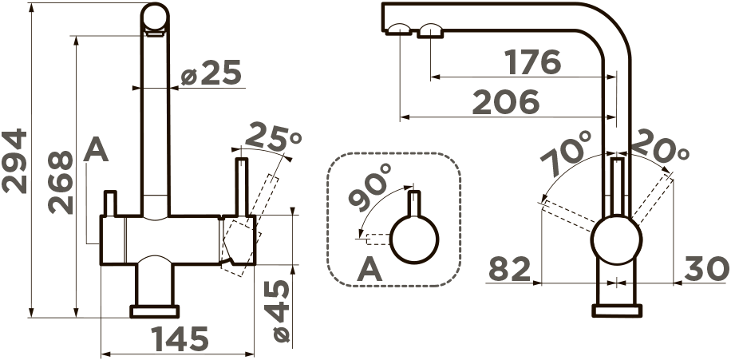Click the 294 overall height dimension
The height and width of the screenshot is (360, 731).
pyautogui.click(x=14, y=161)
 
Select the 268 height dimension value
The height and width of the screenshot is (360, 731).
pyautogui.click(x=61, y=182)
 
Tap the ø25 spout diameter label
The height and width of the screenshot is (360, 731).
pyautogui.click(x=211, y=73)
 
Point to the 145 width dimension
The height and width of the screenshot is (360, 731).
pyautogui.click(x=180, y=339)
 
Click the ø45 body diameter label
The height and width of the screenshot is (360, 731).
pyautogui.click(x=281, y=311)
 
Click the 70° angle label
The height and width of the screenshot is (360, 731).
pyautogui.click(x=566, y=153)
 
